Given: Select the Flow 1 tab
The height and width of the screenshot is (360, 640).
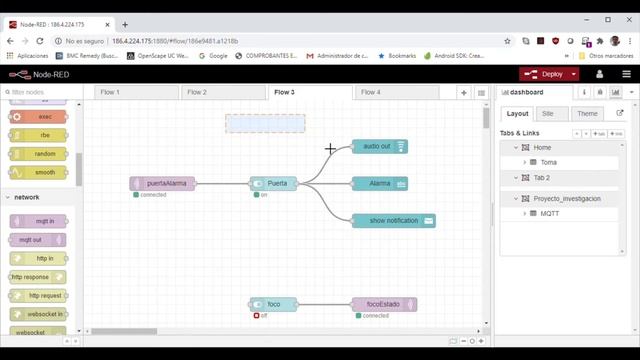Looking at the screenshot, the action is point(110,92).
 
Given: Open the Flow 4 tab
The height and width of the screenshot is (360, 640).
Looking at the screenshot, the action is point(371,92).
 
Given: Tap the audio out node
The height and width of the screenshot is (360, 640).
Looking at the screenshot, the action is point(380,147).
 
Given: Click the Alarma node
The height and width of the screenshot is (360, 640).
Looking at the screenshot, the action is point(380,183).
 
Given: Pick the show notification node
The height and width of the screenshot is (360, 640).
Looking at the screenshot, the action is point(393,220).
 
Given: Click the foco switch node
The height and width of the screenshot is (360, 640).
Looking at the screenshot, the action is point(273,304).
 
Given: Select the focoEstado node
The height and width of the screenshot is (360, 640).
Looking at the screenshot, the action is point(384,304).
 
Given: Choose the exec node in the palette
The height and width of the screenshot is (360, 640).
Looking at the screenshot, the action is point(39,117).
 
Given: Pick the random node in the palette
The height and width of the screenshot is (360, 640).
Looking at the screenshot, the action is point(39,154).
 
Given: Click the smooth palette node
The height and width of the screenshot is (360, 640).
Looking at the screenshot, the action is point(39,172).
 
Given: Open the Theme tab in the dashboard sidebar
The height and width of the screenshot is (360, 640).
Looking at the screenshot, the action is point(587,114).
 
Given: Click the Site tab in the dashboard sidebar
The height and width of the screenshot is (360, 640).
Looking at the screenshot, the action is point(549,114).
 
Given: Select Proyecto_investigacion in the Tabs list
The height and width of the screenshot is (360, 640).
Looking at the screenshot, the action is point(567,199).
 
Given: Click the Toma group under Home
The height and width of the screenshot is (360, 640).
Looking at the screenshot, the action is point(549,162).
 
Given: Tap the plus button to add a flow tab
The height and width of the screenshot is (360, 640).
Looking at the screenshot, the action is point(464,92).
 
